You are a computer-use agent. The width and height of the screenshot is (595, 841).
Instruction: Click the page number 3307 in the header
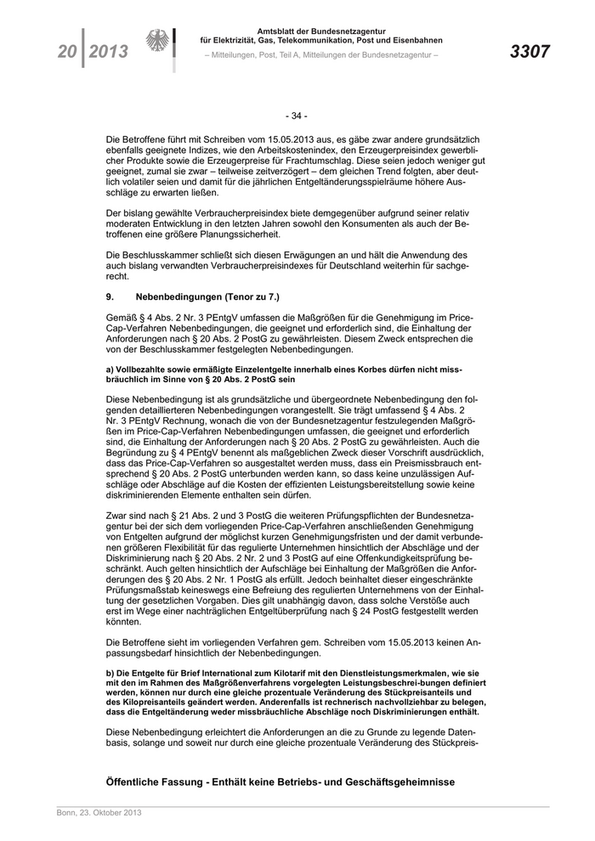tap(530, 52)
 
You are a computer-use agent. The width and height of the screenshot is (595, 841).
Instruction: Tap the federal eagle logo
tap(158, 42)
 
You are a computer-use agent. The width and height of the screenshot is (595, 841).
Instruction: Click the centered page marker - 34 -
tap(297, 116)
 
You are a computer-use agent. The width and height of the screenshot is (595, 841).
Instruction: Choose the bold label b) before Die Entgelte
tap(110, 672)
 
